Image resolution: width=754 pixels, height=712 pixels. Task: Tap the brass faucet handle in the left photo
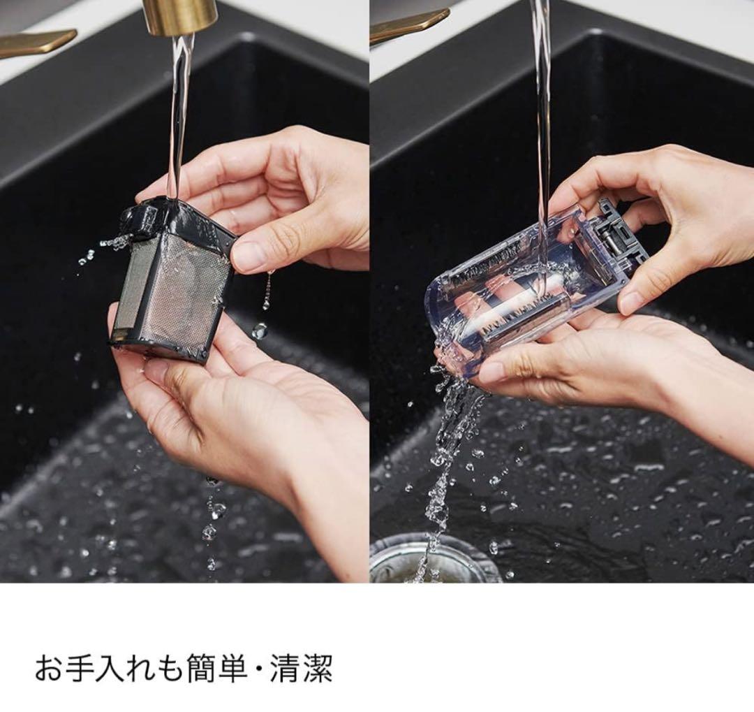pyautogui.click(x=36, y=43)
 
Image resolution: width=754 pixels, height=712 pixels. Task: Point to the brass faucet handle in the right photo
pyautogui.click(x=408, y=27)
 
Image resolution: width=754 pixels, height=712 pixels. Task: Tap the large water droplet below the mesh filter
pyautogui.click(x=260, y=330)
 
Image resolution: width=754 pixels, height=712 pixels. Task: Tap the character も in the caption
pyautogui.click(x=171, y=667)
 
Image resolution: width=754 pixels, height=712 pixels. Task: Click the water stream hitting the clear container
pyautogui.click(x=542, y=145)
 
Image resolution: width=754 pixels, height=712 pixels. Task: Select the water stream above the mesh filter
pyautogui.click(x=180, y=115)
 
